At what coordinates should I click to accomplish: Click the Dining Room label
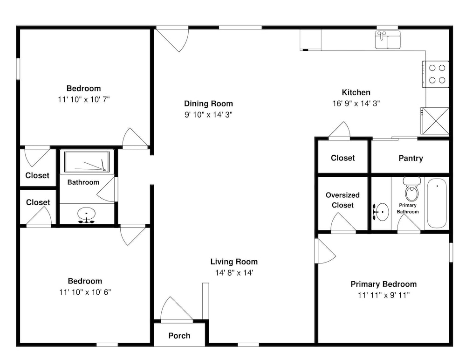[x=208, y=104]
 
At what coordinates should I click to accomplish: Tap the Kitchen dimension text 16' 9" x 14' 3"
[x=356, y=104]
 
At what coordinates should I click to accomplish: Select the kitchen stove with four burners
[x=436, y=74]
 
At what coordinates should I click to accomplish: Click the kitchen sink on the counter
[x=388, y=39]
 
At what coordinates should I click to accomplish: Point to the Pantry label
[x=411, y=158]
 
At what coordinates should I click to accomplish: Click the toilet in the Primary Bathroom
[x=411, y=189]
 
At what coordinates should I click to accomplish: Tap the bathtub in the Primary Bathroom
[x=437, y=203]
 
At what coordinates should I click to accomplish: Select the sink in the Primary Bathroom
[x=381, y=212]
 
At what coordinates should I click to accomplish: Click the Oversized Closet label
[x=343, y=200]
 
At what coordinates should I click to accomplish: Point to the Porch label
[x=179, y=336]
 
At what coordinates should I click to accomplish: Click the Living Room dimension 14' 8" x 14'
[x=234, y=273]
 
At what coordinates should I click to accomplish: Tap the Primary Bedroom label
[x=384, y=284]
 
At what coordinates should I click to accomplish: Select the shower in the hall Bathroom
[x=87, y=162]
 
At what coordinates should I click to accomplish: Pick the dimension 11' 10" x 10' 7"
[x=84, y=99]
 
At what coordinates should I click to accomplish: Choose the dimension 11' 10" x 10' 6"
[x=85, y=292]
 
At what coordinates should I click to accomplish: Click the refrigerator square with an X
[x=436, y=121]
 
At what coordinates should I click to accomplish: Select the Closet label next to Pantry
[x=343, y=158]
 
